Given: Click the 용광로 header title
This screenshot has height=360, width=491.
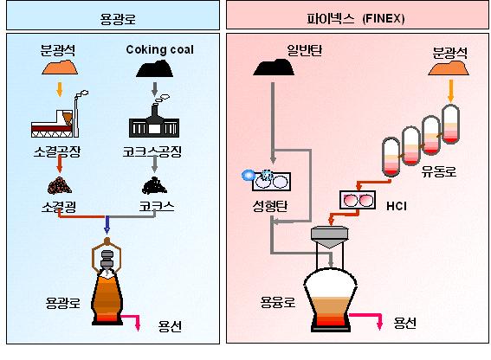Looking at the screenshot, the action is pos(118,19).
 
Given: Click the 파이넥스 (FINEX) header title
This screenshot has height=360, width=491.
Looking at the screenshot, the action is pos(356,19).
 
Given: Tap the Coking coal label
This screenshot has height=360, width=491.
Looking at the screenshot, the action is pos(159,49).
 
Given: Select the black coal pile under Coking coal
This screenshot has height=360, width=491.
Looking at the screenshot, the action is pos(155,69).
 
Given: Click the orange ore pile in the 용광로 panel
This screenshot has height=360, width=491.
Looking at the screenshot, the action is pos(60,67).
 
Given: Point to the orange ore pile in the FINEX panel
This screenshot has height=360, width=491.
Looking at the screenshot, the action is pos(449,67).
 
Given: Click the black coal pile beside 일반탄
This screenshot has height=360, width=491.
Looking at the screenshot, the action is pos(274,67).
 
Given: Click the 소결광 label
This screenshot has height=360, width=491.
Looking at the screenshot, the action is pos(59,206).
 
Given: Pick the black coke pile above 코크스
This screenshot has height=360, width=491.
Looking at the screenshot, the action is pos(154,186).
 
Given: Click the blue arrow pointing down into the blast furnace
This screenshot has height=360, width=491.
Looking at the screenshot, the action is pos(107,225).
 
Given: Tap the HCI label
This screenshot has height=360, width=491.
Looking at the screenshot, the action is pos(397,206).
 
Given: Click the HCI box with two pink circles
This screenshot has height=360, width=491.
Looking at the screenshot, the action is pos(358,200).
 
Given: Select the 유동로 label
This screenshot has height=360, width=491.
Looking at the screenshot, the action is pos(439,171).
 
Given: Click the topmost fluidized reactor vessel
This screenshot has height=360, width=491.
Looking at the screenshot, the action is pos(450,125).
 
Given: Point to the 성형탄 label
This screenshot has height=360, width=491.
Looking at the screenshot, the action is pos(269,206).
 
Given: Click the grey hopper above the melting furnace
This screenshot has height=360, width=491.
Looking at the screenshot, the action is pos(329,237).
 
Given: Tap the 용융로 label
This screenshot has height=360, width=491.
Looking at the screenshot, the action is pos(278,302).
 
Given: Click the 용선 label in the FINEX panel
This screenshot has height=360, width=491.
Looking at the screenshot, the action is pos(405,323).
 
